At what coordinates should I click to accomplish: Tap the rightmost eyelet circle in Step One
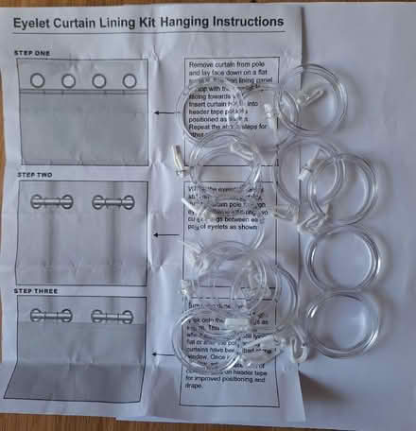pos(126,81)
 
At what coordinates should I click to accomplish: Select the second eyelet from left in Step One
pos(69,81)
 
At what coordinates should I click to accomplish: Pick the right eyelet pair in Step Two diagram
pos(110,201)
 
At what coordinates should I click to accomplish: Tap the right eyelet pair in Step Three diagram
pos(110,317)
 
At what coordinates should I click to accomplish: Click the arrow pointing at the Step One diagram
pos(165,113)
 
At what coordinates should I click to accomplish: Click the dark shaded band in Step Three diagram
pos(83,387)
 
